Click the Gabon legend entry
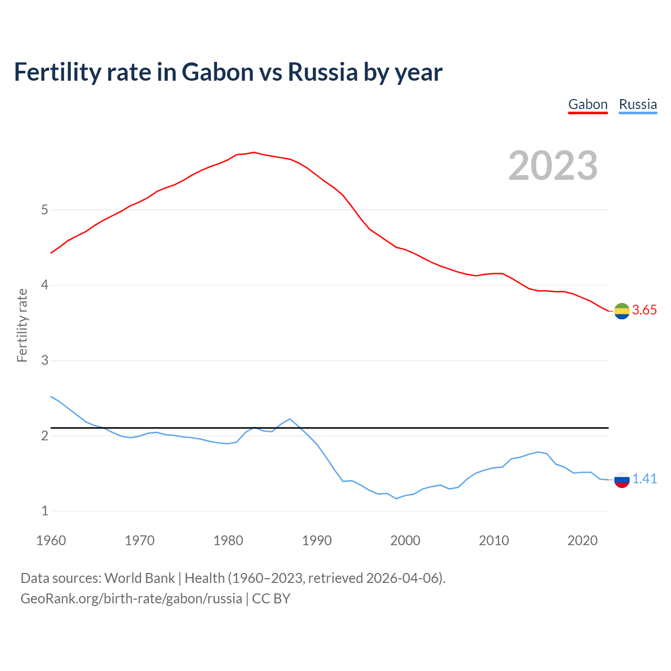588,104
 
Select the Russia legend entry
637,104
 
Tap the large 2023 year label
553,166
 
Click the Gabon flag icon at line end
622,311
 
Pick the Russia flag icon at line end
622,479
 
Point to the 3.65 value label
644,310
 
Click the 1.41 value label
644,479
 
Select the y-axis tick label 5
45,210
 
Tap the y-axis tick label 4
45,285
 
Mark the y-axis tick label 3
45,361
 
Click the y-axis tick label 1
45,511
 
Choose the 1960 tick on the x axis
51,540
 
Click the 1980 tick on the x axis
228,540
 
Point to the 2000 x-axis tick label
405,540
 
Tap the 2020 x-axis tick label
582,540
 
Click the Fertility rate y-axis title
22,325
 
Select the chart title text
228,72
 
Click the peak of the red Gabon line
254,152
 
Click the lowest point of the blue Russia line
396,499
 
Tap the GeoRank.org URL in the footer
131,599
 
